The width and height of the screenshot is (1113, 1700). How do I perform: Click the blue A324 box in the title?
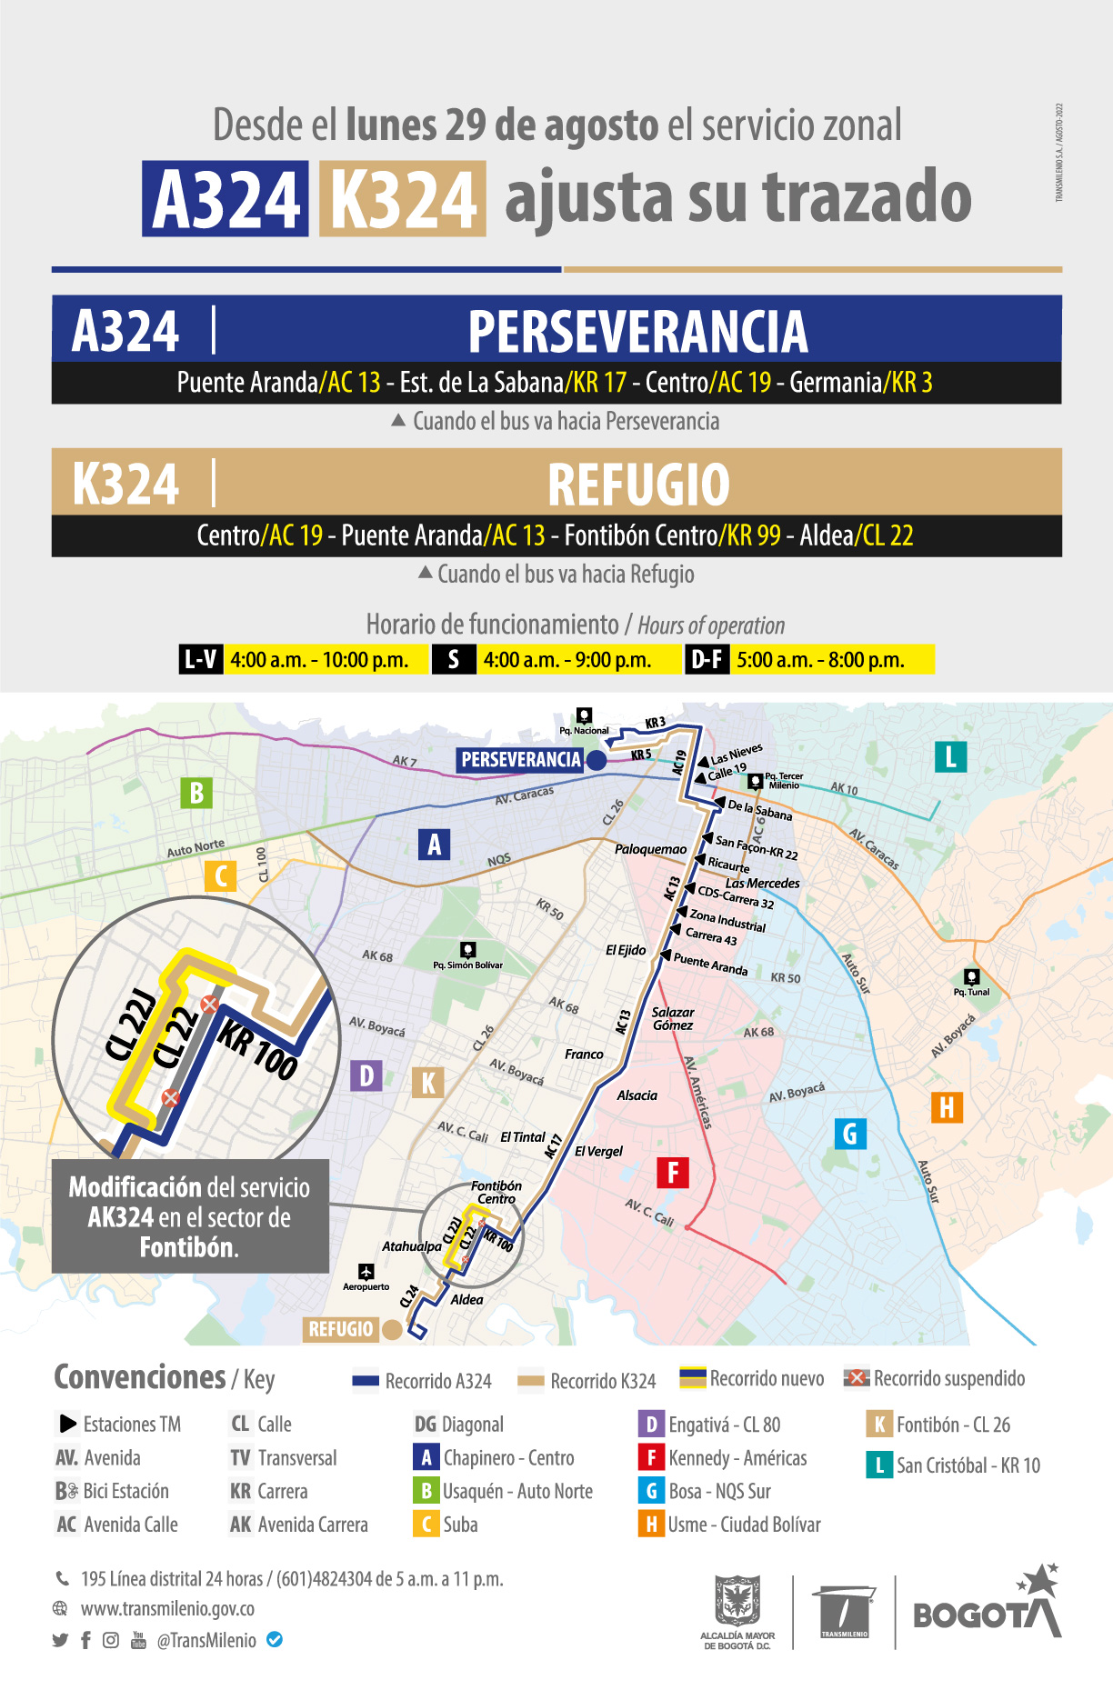pyautogui.click(x=226, y=199)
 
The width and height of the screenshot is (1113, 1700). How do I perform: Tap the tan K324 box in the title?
pyautogui.click(x=403, y=199)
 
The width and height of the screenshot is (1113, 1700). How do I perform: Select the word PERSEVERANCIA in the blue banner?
pyautogui.click(x=637, y=331)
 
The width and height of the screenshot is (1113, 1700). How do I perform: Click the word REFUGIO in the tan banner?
pyautogui.click(x=638, y=484)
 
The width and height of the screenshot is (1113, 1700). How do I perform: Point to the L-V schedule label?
pyautogui.click(x=201, y=659)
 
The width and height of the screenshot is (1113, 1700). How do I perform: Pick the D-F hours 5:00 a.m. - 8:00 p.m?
pyautogui.click(x=820, y=660)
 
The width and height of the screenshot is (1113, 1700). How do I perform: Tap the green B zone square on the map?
pyautogui.click(x=196, y=793)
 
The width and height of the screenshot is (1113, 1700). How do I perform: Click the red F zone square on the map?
pyautogui.click(x=673, y=1172)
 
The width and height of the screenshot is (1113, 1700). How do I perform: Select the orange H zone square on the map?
pyautogui.click(x=947, y=1107)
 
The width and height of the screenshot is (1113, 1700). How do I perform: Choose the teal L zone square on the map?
pyautogui.click(x=950, y=756)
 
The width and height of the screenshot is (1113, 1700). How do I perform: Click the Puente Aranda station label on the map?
pyautogui.click(x=710, y=965)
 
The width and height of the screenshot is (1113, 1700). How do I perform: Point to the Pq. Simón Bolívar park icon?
pyautogui.click(x=467, y=950)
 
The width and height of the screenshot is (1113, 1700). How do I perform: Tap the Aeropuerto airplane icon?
pyautogui.click(x=366, y=1271)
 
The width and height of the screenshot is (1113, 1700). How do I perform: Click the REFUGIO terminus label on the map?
pyautogui.click(x=340, y=1329)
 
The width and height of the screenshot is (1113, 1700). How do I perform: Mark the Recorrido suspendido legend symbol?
pyautogui.click(x=856, y=1378)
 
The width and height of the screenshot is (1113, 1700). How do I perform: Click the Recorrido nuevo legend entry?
pyautogui.click(x=751, y=1378)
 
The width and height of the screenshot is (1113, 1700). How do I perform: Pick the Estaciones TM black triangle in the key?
pyautogui.click(x=67, y=1424)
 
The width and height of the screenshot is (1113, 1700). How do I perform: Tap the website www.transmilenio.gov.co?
pyautogui.click(x=167, y=1608)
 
